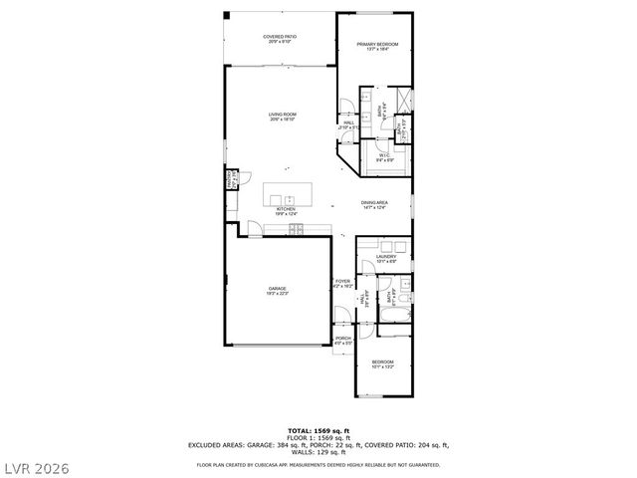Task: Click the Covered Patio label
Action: coord(280,39)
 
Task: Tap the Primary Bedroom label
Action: coord(378,46)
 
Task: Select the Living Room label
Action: coord(283,117)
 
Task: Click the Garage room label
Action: coord(276,291)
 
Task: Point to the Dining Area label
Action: coord(374,205)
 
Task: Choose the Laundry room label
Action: coord(386,259)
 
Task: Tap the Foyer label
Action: coord(343,283)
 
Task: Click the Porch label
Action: coord(343,340)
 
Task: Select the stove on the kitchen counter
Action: coord(297,230)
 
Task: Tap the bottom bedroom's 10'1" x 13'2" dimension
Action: coord(383,367)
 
